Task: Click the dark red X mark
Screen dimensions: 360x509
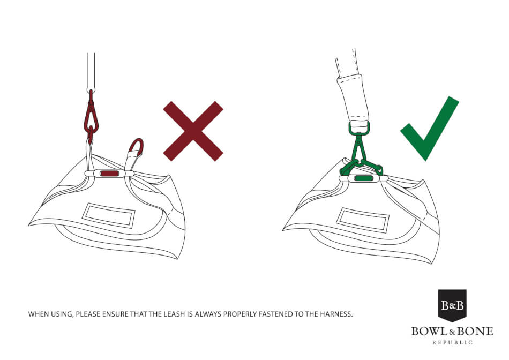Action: [x=193, y=131]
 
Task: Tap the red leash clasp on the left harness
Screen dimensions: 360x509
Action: [x=91, y=116]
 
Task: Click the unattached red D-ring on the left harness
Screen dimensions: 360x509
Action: [x=136, y=147]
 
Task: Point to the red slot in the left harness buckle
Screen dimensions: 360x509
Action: [x=109, y=174]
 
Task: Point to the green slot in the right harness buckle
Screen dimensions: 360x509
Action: [x=364, y=178]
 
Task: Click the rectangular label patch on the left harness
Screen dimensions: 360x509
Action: [x=109, y=215]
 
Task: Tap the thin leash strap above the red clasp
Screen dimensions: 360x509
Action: [x=91, y=70]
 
